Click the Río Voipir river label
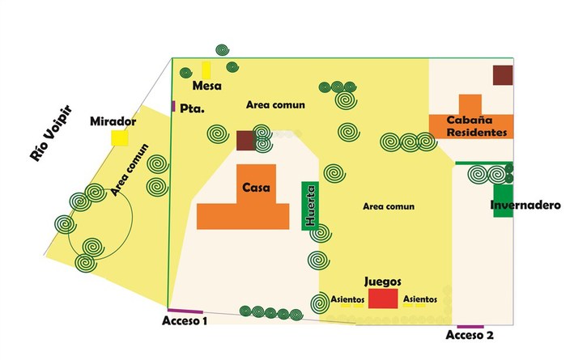[50, 133]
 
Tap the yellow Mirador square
[120, 138]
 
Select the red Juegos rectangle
[383, 299]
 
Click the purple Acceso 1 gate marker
[185, 311]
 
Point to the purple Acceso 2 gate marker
[470, 327]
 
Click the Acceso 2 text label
[470, 335]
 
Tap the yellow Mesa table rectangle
[206, 70]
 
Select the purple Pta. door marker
[173, 106]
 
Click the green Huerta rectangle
[310, 205]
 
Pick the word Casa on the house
[256, 187]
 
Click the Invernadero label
[525, 205]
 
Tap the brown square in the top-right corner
[503, 75]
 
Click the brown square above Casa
[245, 141]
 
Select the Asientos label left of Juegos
[347, 299]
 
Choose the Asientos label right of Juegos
[420, 299]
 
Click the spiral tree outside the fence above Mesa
[223, 50]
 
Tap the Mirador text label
[113, 121]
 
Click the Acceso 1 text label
[184, 320]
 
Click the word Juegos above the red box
[383, 282]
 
